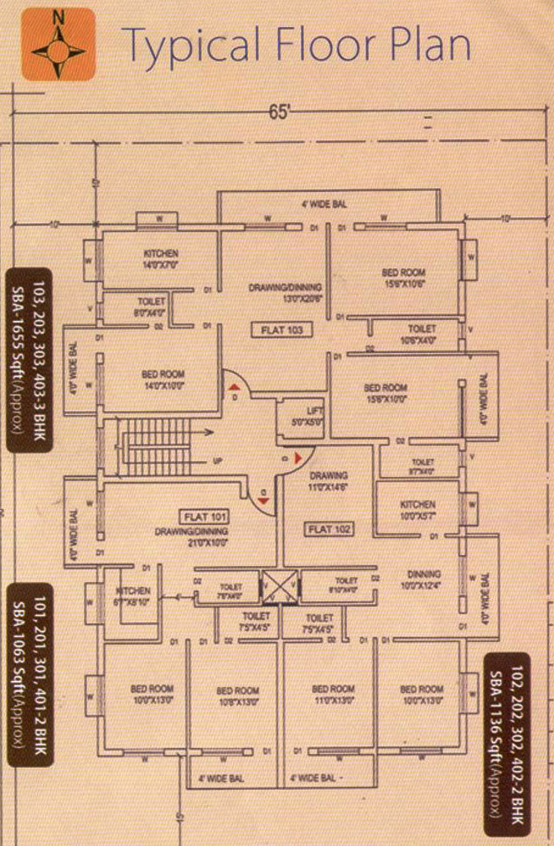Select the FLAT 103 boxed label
pos(282,330)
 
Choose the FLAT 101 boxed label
pos(205,516)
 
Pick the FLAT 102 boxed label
pos(331,529)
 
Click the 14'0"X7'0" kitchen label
pos(160,258)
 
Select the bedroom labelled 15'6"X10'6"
pos(403,278)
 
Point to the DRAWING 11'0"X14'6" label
pos(328,480)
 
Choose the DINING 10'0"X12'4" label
pos(418,579)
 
